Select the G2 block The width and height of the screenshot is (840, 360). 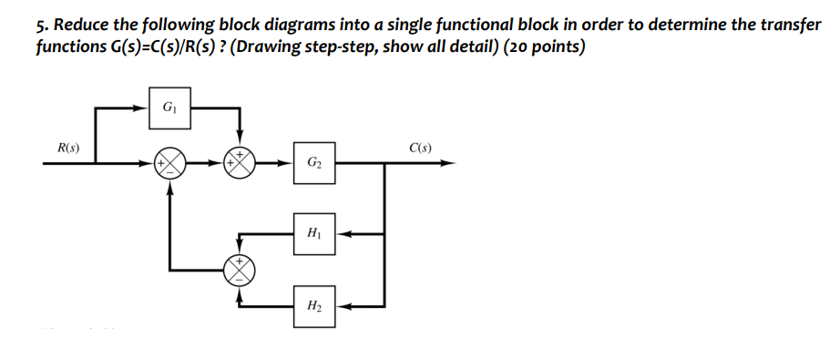pos(313,164)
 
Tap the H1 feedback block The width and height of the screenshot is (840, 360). pos(313,233)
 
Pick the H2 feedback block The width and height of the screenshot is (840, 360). pos(313,304)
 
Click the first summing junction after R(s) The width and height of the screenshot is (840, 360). pos(169,164)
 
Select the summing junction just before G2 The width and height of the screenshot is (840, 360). pos(240,164)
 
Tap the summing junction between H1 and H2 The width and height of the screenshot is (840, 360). pos(240,269)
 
